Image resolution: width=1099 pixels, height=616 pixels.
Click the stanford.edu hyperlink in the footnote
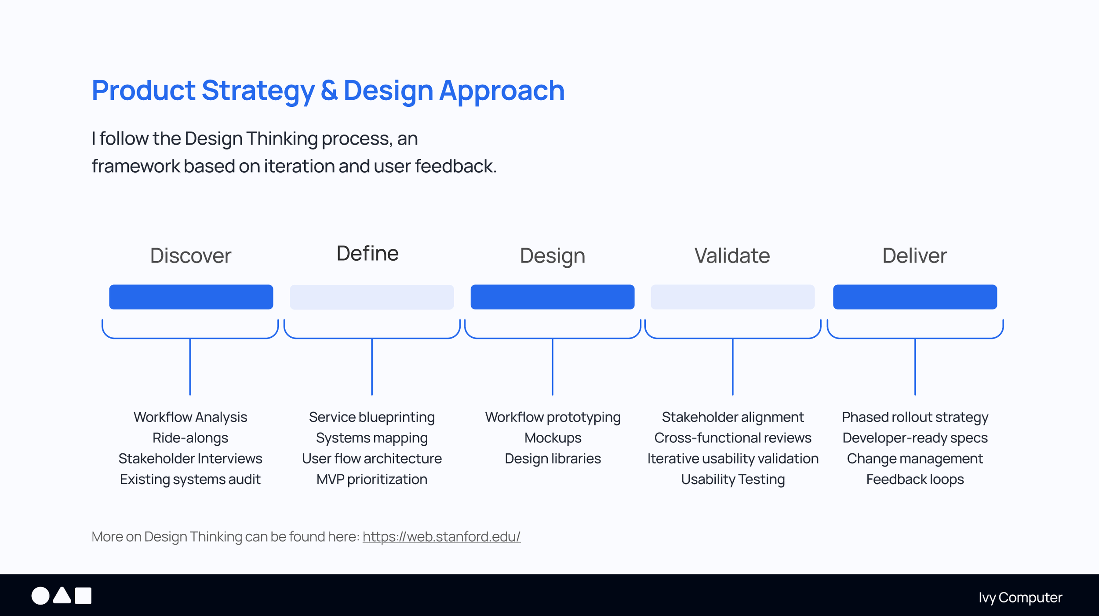click(x=441, y=537)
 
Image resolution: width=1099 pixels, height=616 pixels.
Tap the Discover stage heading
click(x=191, y=255)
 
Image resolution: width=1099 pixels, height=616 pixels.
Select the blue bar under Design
click(x=553, y=297)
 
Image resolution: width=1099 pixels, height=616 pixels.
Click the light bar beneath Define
click(x=372, y=297)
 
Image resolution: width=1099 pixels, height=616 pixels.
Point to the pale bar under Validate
click(x=732, y=297)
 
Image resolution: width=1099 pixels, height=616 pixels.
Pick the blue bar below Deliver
click(x=915, y=297)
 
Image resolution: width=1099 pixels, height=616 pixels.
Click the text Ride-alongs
click(x=190, y=438)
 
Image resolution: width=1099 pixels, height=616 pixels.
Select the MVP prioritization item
click(x=372, y=479)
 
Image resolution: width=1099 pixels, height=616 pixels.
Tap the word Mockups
click(x=553, y=438)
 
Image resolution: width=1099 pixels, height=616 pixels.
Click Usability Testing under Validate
click(x=733, y=479)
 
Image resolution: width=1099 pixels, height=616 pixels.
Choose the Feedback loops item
click(x=915, y=479)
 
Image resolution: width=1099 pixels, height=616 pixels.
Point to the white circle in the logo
click(x=40, y=596)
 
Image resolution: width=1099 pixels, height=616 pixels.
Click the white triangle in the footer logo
click(x=62, y=595)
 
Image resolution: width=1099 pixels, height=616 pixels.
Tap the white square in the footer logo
click(x=83, y=596)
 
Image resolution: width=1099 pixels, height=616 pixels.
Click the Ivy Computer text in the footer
click(x=1020, y=598)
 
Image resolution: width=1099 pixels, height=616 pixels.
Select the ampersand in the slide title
click(x=329, y=90)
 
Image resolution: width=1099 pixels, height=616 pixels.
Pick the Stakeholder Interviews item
click(x=190, y=459)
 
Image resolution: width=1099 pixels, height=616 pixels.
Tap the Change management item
click(x=915, y=459)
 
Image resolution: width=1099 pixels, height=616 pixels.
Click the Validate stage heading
click(x=732, y=255)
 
